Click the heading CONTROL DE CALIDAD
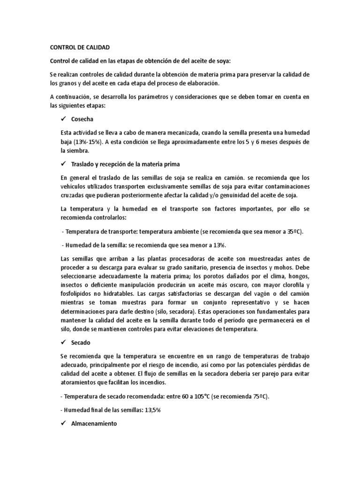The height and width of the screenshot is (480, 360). [x=79, y=47]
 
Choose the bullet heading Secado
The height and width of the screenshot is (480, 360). [x=81, y=343]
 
